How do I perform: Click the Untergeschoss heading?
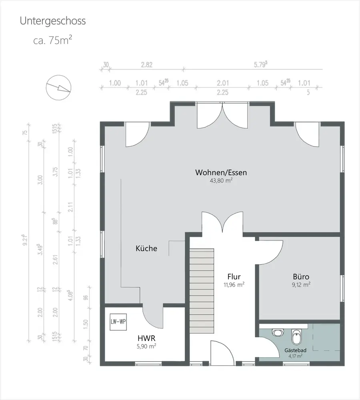click(x=52, y=21)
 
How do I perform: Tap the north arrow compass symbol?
click(x=58, y=88)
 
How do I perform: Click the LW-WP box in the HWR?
click(x=118, y=322)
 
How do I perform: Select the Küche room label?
click(x=146, y=248)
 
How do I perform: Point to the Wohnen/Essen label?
click(x=221, y=172)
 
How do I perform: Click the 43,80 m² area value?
click(x=221, y=180)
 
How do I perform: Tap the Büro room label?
click(x=301, y=276)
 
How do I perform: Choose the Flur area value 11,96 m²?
click(x=234, y=284)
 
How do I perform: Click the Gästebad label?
click(x=296, y=350)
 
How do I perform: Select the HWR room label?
click(x=146, y=338)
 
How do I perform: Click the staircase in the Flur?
click(x=202, y=291)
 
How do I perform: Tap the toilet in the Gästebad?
click(x=296, y=336)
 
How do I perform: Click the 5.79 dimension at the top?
click(x=260, y=64)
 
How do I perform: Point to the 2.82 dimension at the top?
click(x=147, y=65)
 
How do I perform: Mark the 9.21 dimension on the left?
click(x=25, y=240)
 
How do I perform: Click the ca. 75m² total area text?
click(x=52, y=40)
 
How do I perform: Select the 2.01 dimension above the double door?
click(x=223, y=83)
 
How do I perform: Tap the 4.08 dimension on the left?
click(x=70, y=295)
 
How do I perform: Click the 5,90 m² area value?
click(x=146, y=346)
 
